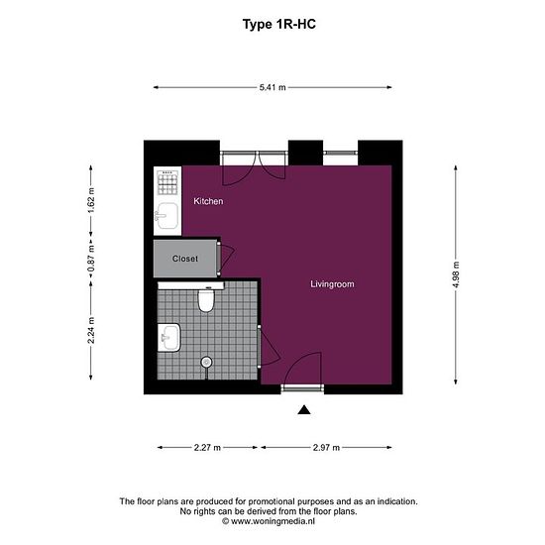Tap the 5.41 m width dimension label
tap(272, 88)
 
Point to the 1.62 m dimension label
tap(91, 202)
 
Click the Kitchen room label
tap(208, 201)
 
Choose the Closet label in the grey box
tap(185, 259)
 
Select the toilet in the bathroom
tap(206, 298)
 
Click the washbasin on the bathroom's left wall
tap(167, 338)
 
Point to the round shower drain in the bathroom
tap(207, 362)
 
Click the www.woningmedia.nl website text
tap(272, 520)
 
